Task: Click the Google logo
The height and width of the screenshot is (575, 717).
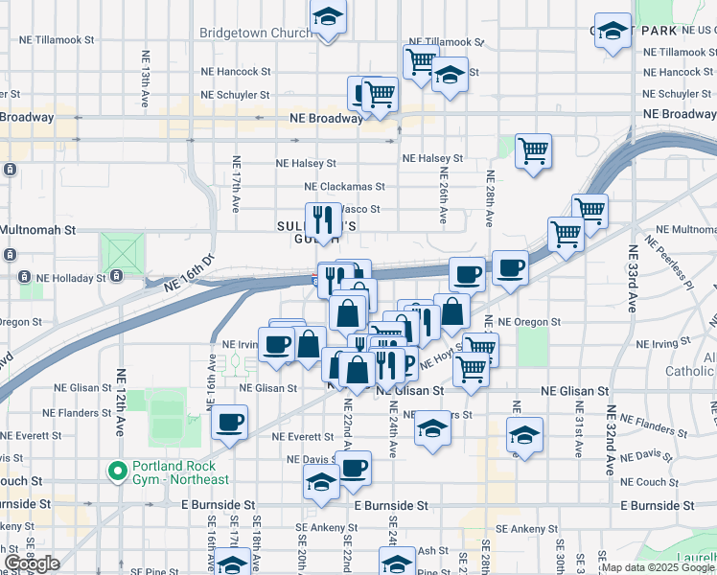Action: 31,563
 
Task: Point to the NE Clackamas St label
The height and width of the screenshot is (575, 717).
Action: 344,187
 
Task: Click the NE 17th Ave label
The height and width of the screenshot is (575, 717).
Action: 235,182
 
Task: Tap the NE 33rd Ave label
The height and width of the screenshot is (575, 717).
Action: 633,278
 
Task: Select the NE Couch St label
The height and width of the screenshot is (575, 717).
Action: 647,482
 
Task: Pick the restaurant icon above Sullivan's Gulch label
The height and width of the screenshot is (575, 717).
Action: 322,219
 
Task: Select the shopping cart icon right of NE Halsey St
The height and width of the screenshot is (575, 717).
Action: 533,150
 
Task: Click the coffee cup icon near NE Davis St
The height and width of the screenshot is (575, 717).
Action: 353,467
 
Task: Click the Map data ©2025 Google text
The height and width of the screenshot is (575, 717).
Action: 657,567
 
